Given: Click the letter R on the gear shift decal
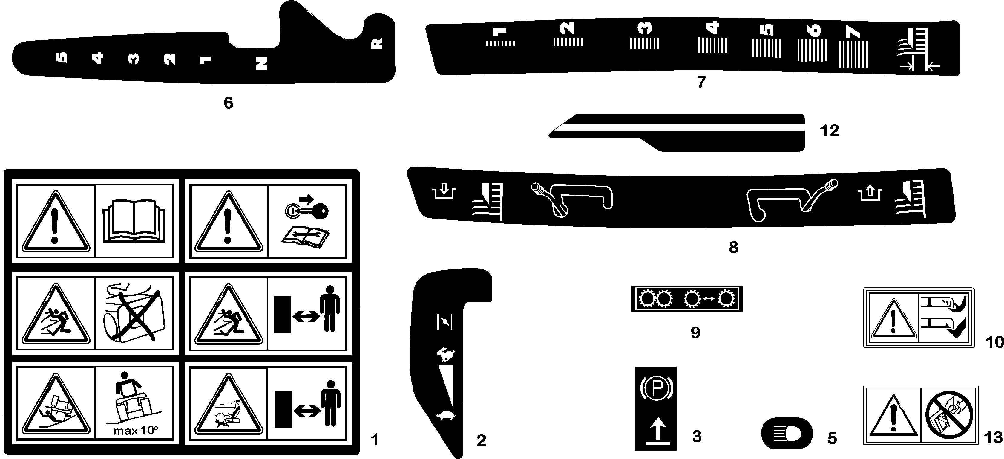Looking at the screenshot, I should (x=376, y=43).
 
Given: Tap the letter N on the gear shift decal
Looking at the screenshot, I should (x=261, y=64).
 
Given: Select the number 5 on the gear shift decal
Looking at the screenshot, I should (x=62, y=57).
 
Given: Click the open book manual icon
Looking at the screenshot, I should (x=134, y=220).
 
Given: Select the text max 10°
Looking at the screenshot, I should (x=135, y=431).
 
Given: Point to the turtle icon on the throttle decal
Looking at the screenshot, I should (x=445, y=415).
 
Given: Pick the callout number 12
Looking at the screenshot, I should (x=829, y=131).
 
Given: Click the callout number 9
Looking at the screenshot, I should (x=695, y=333).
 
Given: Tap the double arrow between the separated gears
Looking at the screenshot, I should (x=709, y=299).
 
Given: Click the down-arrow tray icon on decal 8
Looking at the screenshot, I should (x=444, y=192).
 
